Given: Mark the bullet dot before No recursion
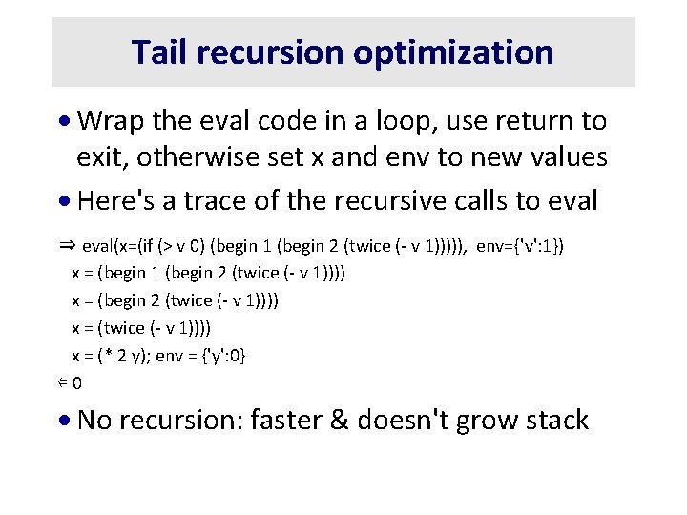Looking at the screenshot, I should [65, 421].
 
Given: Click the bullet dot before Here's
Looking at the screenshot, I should [65, 202].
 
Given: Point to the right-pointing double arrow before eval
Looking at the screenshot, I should [67, 245].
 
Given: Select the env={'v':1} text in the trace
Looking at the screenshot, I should [520, 246].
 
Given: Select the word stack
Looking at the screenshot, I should [552, 421].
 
